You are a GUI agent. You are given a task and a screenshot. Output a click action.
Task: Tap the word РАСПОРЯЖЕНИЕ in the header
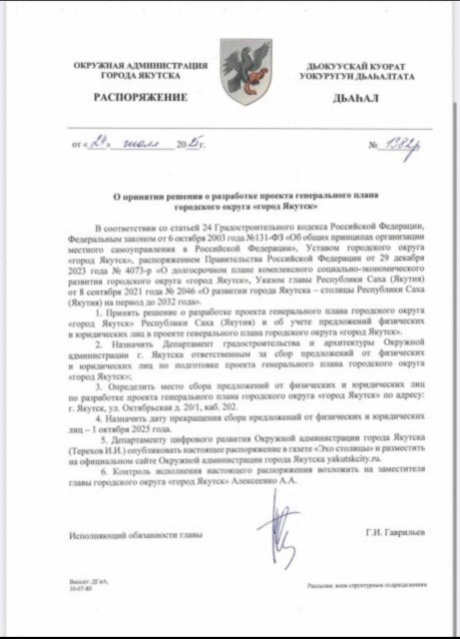click(x=140, y=97)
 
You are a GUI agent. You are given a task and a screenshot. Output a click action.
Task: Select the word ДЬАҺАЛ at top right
click(x=349, y=99)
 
